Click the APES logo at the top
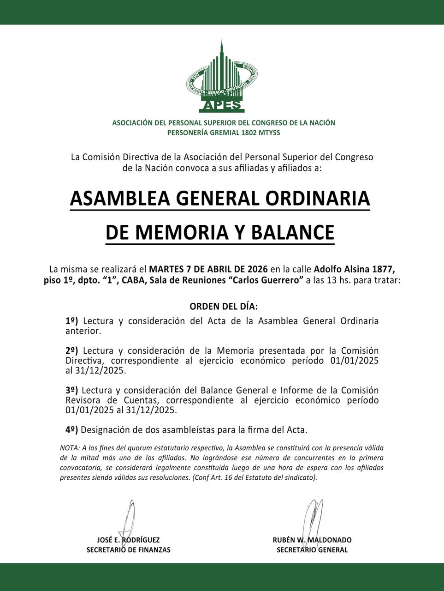222,78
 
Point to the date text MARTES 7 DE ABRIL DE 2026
209,269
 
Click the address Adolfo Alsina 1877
354,269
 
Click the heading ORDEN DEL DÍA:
224,307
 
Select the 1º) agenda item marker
72,321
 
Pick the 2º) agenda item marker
72,350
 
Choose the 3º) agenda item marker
72,390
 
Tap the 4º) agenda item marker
72,430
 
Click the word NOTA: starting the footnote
69,448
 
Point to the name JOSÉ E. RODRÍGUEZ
129,540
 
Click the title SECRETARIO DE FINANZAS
129,550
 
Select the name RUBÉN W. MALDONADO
312,540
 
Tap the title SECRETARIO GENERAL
312,550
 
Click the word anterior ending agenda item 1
83,331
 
